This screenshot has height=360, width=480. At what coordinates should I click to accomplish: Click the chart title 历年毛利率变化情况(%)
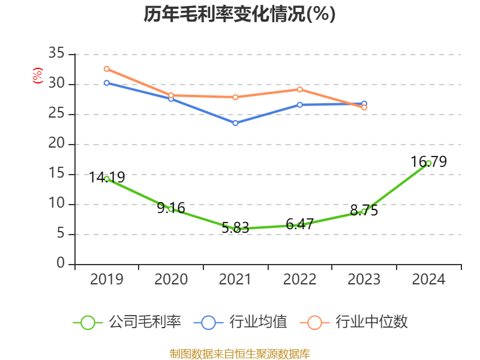point(239,14)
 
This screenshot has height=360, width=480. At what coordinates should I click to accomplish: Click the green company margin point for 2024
point(428,163)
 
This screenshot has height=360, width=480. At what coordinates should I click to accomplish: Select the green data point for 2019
point(107,179)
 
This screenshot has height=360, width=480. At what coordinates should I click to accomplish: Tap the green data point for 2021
point(236,229)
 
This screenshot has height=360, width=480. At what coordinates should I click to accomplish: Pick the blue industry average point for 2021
point(235,123)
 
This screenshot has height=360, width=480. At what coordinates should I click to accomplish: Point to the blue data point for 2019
point(107,83)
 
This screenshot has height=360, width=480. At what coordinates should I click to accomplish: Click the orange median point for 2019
point(107,69)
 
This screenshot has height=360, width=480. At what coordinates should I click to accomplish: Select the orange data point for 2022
point(300,89)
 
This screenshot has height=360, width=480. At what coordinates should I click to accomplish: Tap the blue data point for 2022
point(300,105)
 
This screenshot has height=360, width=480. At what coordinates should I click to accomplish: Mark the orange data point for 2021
point(235,97)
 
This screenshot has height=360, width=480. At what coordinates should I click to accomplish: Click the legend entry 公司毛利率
point(127,322)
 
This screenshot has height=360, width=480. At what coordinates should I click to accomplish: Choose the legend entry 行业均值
point(241,322)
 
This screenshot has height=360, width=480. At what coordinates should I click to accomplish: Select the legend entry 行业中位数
point(358,322)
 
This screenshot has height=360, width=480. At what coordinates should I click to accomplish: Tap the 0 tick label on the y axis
point(60,264)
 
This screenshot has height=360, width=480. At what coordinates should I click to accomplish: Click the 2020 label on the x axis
point(171,280)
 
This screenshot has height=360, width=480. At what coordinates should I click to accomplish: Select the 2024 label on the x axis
point(428,280)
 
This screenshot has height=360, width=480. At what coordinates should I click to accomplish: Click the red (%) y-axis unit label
point(38,76)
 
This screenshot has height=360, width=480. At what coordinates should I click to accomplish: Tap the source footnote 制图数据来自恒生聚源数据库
point(239,353)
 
